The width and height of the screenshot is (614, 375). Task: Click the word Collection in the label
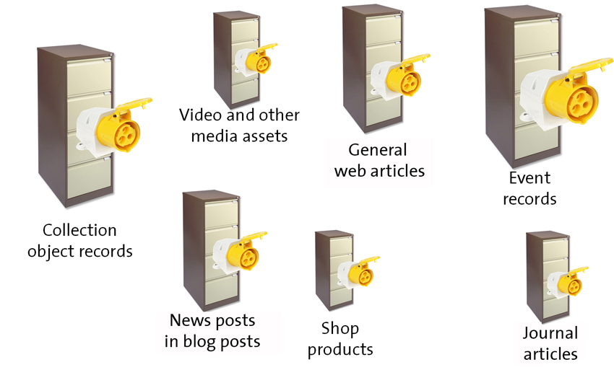[x=79, y=230]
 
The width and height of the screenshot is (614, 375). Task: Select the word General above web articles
[x=378, y=150]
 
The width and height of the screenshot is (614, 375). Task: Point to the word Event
[x=529, y=178]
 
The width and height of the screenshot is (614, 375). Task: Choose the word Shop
[x=340, y=329]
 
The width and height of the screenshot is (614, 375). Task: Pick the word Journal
[x=550, y=333]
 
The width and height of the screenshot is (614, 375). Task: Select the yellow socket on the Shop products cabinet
[x=358, y=273]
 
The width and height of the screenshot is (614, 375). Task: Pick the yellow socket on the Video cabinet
[x=256, y=60]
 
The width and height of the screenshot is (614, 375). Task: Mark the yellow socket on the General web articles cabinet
[x=399, y=76]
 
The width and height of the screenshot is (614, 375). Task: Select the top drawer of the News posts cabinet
[x=221, y=214]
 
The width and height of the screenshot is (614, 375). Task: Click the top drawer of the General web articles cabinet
[x=384, y=30]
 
